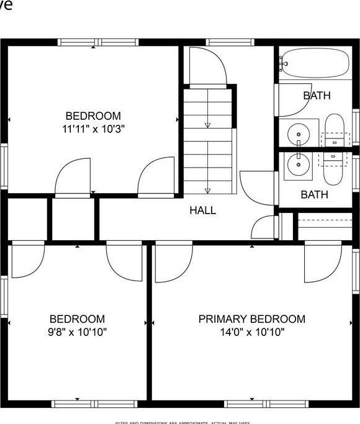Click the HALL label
[203, 210]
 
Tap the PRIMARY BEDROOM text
[251, 319]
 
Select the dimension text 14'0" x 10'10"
[251, 332]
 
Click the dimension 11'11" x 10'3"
[93, 130]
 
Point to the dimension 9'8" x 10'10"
[77, 332]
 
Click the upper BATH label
[317, 96]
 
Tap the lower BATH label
[314, 195]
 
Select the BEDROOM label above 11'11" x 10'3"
[93, 116]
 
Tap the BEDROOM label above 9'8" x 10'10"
[77, 319]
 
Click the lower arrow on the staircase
[207, 190]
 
